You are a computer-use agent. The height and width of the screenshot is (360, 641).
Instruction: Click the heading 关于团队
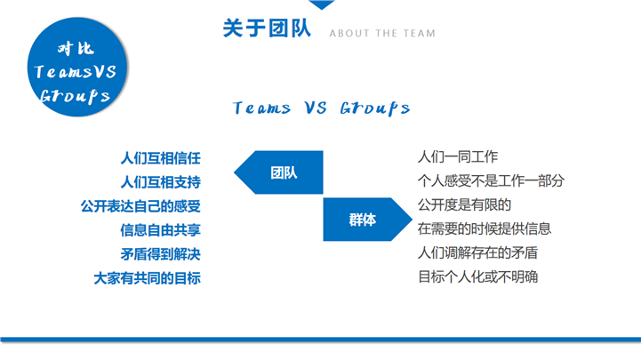266,29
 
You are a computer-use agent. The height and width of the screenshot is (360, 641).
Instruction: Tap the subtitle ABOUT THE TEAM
382,34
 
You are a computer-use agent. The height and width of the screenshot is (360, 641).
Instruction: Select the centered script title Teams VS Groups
321,108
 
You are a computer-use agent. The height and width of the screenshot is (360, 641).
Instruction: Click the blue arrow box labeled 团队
284,172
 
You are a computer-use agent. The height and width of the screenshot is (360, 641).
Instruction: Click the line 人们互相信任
160,159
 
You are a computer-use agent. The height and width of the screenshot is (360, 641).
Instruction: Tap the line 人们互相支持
160,183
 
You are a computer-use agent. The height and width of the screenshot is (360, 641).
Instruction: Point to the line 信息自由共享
160,230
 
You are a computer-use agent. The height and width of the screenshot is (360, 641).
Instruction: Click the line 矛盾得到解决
160,254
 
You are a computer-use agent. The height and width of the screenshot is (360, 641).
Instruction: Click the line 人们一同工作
458,157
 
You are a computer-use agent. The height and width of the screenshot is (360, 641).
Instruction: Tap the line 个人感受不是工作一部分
491,181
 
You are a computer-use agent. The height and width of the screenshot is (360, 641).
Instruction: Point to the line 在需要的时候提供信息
485,228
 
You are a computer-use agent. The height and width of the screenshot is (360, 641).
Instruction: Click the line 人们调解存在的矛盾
477,252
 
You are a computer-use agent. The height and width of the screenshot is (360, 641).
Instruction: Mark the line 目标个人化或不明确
477,276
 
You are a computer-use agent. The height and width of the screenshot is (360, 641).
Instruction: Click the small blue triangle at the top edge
321,4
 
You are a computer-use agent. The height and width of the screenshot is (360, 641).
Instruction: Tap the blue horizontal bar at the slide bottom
320,339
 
